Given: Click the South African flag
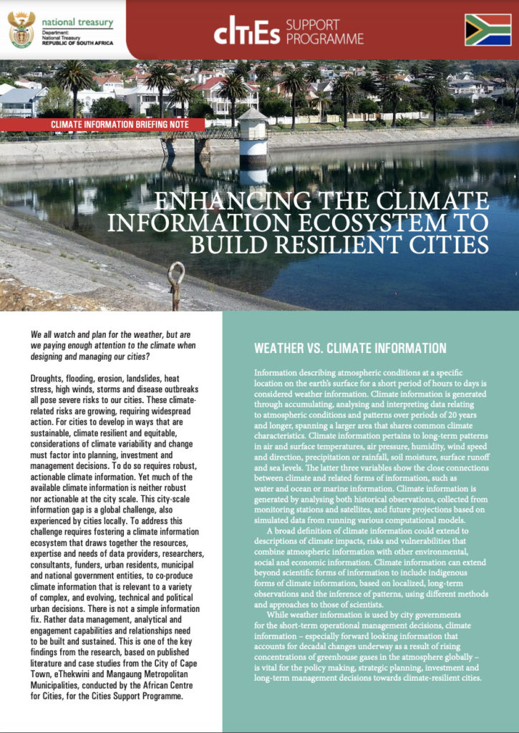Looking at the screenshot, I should coord(488,29).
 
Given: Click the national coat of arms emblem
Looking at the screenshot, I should coord(21,29).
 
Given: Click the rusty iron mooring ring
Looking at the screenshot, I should coord(175,278).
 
